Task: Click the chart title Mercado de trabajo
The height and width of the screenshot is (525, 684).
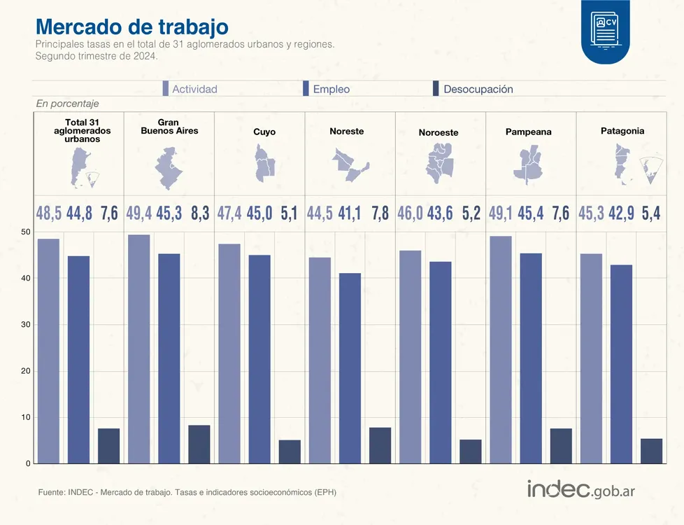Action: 131,27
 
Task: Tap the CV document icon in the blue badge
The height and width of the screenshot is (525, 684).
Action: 605,30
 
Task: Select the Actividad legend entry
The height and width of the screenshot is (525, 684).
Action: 190,89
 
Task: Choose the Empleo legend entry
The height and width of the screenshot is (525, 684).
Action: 326,89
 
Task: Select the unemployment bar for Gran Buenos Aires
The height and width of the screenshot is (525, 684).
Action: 199,444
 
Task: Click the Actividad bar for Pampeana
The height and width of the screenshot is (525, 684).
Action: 501,350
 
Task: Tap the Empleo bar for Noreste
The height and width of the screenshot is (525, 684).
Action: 350,368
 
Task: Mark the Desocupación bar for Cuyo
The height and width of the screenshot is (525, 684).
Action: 290,451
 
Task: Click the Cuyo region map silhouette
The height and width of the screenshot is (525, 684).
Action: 264,163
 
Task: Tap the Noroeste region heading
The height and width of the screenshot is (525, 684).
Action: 439,132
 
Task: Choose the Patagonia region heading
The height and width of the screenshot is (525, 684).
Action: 622,131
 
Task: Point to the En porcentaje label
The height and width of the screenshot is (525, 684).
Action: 67,104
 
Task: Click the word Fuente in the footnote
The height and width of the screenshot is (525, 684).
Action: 52,492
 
